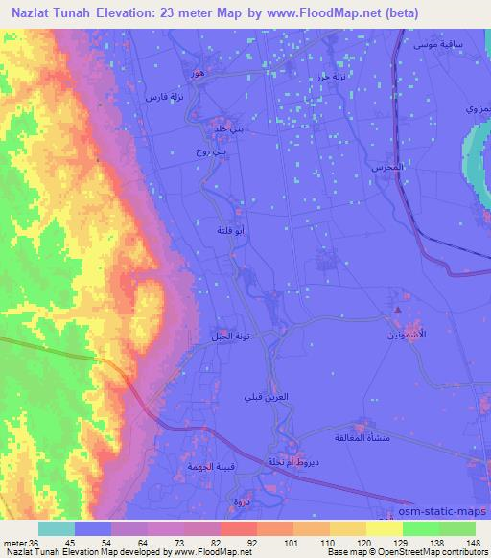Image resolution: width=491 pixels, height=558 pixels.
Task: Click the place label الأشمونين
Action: point(403,338)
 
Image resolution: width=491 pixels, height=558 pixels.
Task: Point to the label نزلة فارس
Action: point(160,97)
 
